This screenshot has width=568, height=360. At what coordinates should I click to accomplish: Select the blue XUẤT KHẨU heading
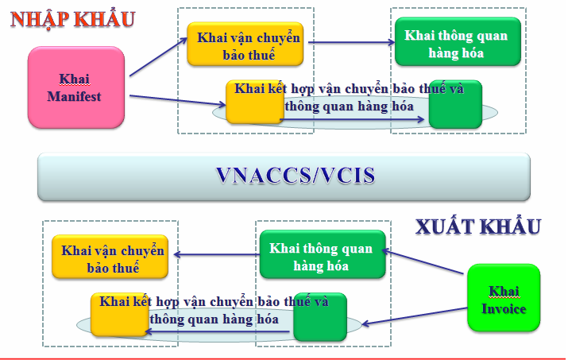(478, 226)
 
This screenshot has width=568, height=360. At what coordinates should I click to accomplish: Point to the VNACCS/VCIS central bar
(284, 176)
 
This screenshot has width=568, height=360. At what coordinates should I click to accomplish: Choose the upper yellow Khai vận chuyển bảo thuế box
(245, 44)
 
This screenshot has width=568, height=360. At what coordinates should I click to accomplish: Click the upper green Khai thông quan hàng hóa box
(456, 44)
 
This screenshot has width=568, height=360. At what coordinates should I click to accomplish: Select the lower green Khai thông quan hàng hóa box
(321, 256)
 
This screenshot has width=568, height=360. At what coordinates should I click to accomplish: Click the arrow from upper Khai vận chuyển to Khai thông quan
(350, 43)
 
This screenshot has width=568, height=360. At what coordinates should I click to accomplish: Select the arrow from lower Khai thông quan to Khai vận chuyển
(216, 255)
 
